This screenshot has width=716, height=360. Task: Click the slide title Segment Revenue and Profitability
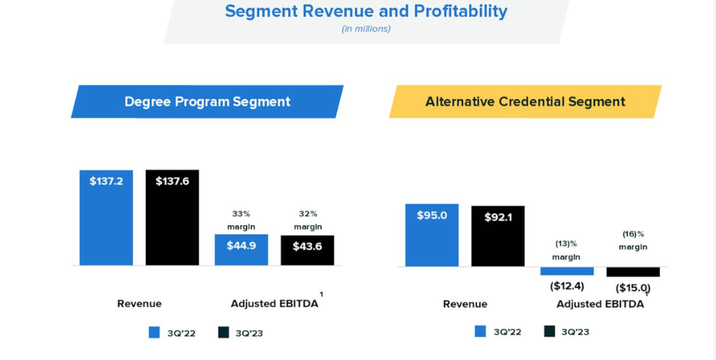click(x=366, y=11)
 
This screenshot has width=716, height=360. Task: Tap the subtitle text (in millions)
click(x=366, y=29)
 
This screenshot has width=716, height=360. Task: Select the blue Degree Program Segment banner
click(x=207, y=102)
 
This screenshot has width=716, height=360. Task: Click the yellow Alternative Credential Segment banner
click(x=525, y=102)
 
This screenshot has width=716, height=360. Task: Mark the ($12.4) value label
click(x=567, y=286)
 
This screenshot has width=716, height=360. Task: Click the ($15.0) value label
click(x=633, y=288)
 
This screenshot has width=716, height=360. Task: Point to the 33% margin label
click(x=241, y=220)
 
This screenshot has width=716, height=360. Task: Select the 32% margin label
click(x=308, y=220)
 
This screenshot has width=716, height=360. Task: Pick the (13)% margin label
click(x=566, y=250)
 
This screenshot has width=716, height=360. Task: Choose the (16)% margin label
click(x=633, y=240)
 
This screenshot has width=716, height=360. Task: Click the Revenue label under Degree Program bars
click(x=140, y=304)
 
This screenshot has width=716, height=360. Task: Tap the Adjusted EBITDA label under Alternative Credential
click(x=600, y=304)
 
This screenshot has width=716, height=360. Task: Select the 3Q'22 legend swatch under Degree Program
click(x=154, y=333)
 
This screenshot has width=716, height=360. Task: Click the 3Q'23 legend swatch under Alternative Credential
click(x=550, y=331)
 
